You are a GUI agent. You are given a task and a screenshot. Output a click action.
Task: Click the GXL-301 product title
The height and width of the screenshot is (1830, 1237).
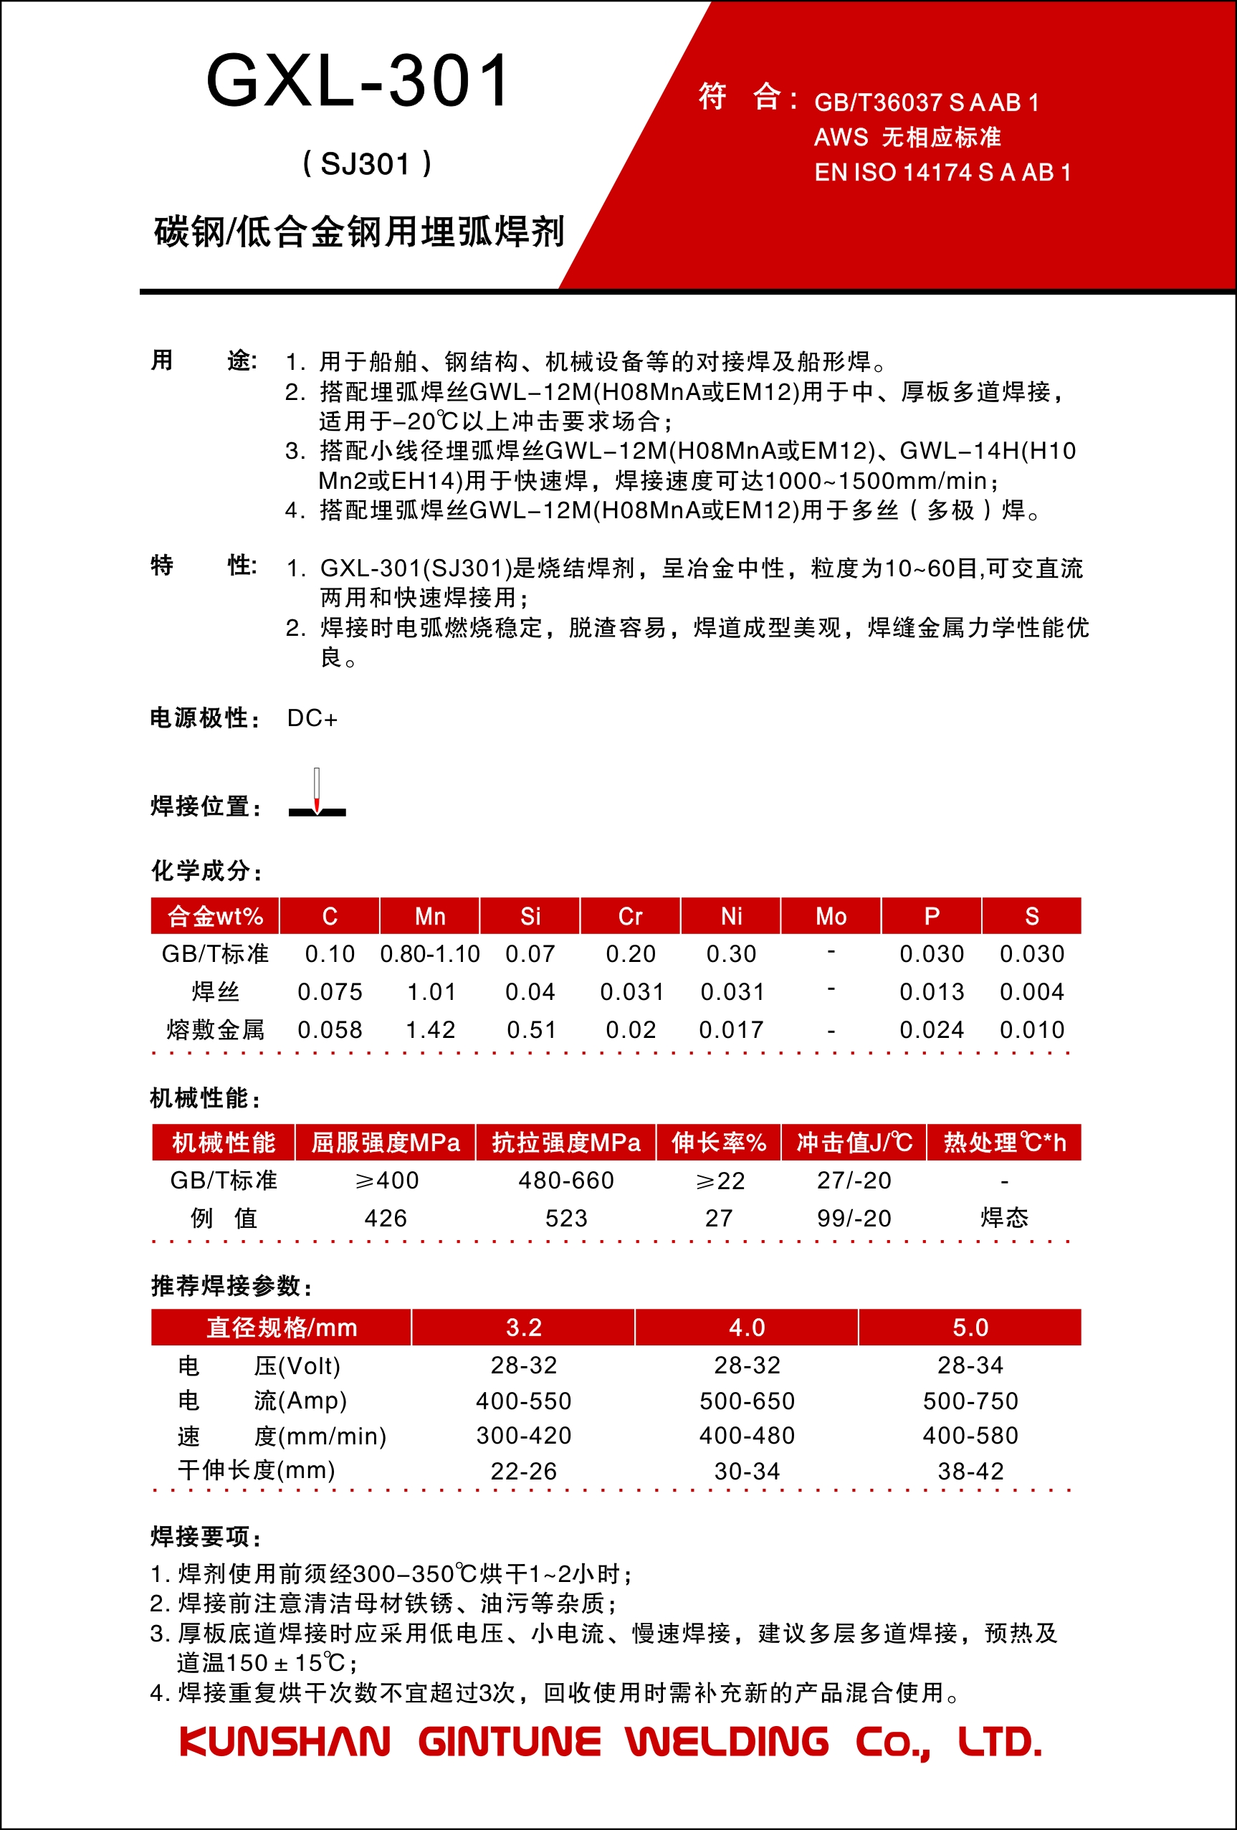pyautogui.click(x=358, y=81)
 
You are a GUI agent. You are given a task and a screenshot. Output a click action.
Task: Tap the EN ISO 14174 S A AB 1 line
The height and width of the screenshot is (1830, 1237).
pyautogui.click(x=942, y=173)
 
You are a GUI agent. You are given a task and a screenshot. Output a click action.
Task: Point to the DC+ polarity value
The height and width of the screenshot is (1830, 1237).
pyautogui.click(x=312, y=718)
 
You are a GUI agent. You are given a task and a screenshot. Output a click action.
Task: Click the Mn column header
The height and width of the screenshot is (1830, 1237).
pyautogui.click(x=430, y=916)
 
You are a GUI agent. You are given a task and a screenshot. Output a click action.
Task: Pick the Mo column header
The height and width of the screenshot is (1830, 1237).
pyautogui.click(x=831, y=916)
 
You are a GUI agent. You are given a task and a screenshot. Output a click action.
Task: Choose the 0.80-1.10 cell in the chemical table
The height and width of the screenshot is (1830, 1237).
pyautogui.click(x=430, y=953)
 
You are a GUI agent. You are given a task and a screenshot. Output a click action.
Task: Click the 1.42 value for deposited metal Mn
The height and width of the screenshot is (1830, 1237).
pyautogui.click(x=430, y=1029)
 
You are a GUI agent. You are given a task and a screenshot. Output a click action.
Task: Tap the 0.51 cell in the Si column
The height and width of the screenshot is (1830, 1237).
pyautogui.click(x=530, y=1029)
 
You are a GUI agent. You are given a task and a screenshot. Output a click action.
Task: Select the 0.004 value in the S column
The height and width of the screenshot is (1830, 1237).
pyautogui.click(x=1031, y=991)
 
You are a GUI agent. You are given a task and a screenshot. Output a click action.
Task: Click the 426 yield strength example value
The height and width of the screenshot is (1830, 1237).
pyautogui.click(x=385, y=1218)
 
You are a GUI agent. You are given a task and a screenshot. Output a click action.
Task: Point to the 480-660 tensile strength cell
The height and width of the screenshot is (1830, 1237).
pyautogui.click(x=566, y=1181)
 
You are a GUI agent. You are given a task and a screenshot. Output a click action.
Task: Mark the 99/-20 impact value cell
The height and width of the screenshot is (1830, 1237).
pyautogui.click(x=854, y=1218)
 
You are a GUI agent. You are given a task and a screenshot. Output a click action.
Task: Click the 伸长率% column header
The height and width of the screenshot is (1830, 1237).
pyautogui.click(x=718, y=1143)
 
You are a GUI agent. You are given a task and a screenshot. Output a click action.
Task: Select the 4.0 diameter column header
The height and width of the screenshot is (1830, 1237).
pyautogui.click(x=747, y=1327)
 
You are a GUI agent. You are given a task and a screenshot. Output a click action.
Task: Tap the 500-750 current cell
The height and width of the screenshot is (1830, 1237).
pyautogui.click(x=970, y=1401)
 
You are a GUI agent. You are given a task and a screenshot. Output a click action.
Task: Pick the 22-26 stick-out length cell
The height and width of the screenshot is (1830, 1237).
pyautogui.click(x=524, y=1471)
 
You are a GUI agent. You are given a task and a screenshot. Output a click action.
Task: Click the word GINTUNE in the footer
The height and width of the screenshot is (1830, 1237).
pyautogui.click(x=509, y=1742)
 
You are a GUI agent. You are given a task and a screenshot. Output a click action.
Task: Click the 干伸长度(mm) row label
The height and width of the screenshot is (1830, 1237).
pyautogui.click(x=257, y=1470)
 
